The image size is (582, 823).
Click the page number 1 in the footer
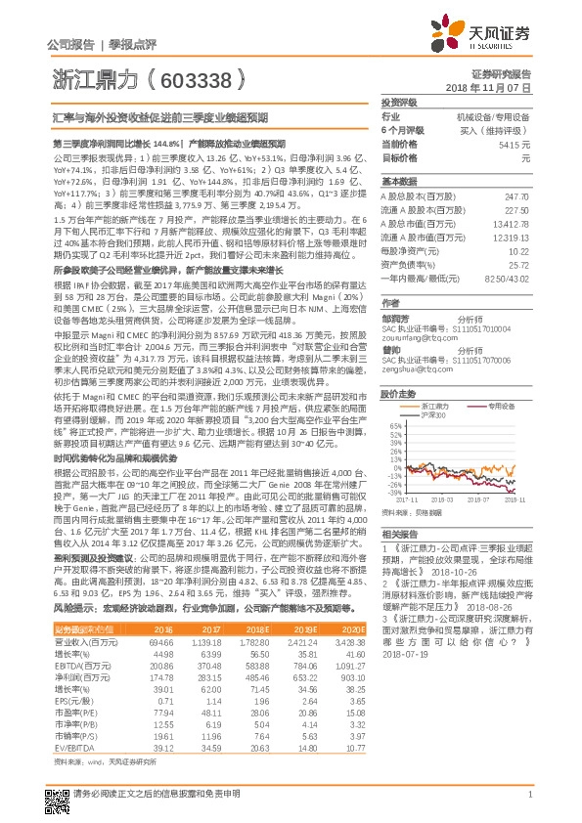coord(528,805)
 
